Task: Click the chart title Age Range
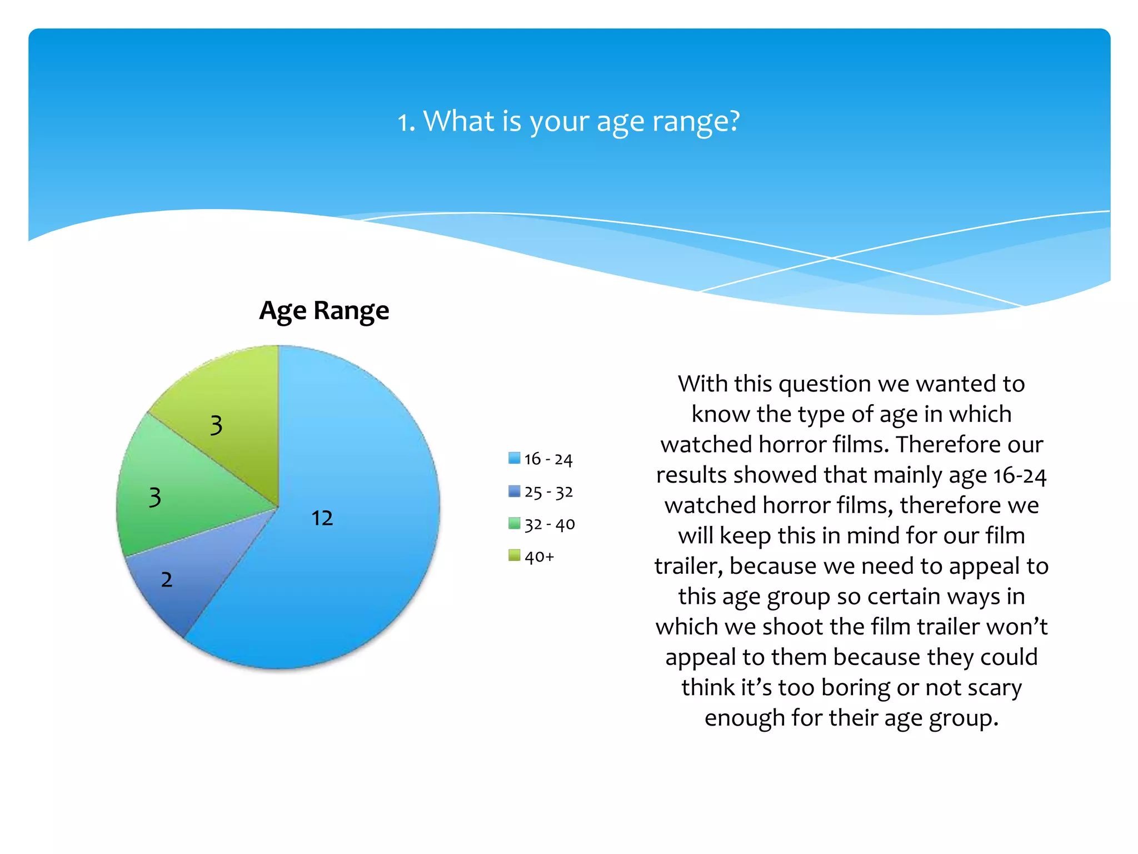tap(324, 310)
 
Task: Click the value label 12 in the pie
tap(322, 518)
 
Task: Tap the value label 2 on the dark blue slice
tap(166, 580)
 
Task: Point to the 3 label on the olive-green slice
tap(216, 425)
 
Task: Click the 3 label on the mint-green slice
tap(155, 497)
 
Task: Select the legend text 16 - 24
tap(548, 459)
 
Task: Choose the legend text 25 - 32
tap(548, 492)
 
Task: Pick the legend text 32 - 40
tap(550, 524)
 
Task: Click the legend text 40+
tap(539, 557)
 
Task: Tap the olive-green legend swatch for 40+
tap(514, 555)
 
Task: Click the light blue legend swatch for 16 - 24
tap(514, 458)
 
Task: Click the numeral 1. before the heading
tap(406, 122)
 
